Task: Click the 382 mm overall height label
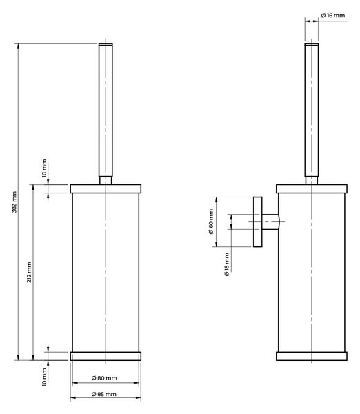pyautogui.click(x=14, y=202)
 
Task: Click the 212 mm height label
pyautogui.click(x=29, y=273)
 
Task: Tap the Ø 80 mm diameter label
pyautogui.click(x=104, y=378)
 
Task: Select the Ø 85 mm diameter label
pyautogui.click(x=104, y=394)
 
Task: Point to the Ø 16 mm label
pyautogui.click(x=333, y=15)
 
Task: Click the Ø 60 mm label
pyautogui.click(x=211, y=221)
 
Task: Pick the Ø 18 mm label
pyautogui.click(x=227, y=264)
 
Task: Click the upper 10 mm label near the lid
pyautogui.click(x=44, y=168)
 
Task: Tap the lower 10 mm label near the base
pyautogui.click(x=44, y=377)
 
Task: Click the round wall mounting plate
pyautogui.click(x=258, y=221)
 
